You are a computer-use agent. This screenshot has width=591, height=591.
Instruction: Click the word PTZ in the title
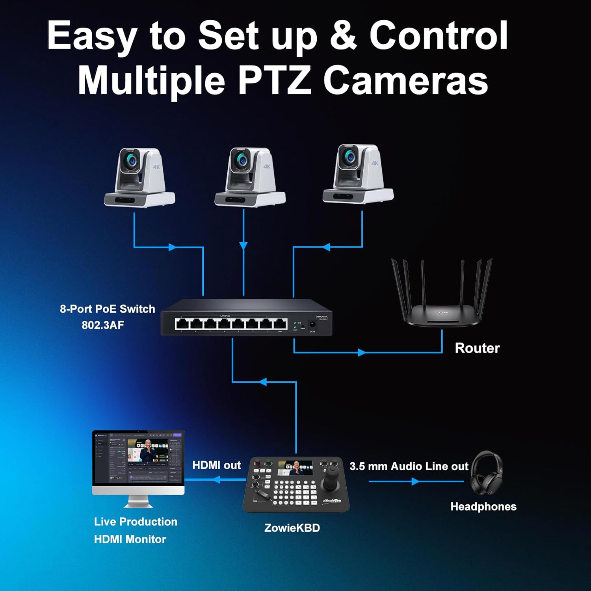point(274,80)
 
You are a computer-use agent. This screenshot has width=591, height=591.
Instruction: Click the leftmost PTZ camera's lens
point(131,160)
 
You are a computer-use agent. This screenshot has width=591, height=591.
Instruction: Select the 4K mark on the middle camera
point(267,166)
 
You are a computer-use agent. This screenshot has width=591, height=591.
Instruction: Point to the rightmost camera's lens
point(349,157)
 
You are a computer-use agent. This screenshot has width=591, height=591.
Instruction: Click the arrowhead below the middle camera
point(243,246)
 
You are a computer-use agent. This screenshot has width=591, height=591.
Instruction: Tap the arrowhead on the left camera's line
point(172,247)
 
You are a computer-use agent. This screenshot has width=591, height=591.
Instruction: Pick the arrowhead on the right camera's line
point(326,247)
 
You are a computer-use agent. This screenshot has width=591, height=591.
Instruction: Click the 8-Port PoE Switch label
point(107,309)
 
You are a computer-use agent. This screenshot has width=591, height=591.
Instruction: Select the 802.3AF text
point(103,325)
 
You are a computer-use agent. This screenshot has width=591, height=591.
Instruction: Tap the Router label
point(477,348)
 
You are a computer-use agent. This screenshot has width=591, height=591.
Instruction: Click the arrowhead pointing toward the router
point(362,352)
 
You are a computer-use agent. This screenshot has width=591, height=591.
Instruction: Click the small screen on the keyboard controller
point(295,468)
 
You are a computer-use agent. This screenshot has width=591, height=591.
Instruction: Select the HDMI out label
point(216,465)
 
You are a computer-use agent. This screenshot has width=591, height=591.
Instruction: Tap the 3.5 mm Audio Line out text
point(409,466)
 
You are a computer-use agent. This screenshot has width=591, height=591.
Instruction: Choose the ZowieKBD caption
point(292,528)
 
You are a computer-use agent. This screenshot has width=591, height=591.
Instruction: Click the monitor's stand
point(138,502)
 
